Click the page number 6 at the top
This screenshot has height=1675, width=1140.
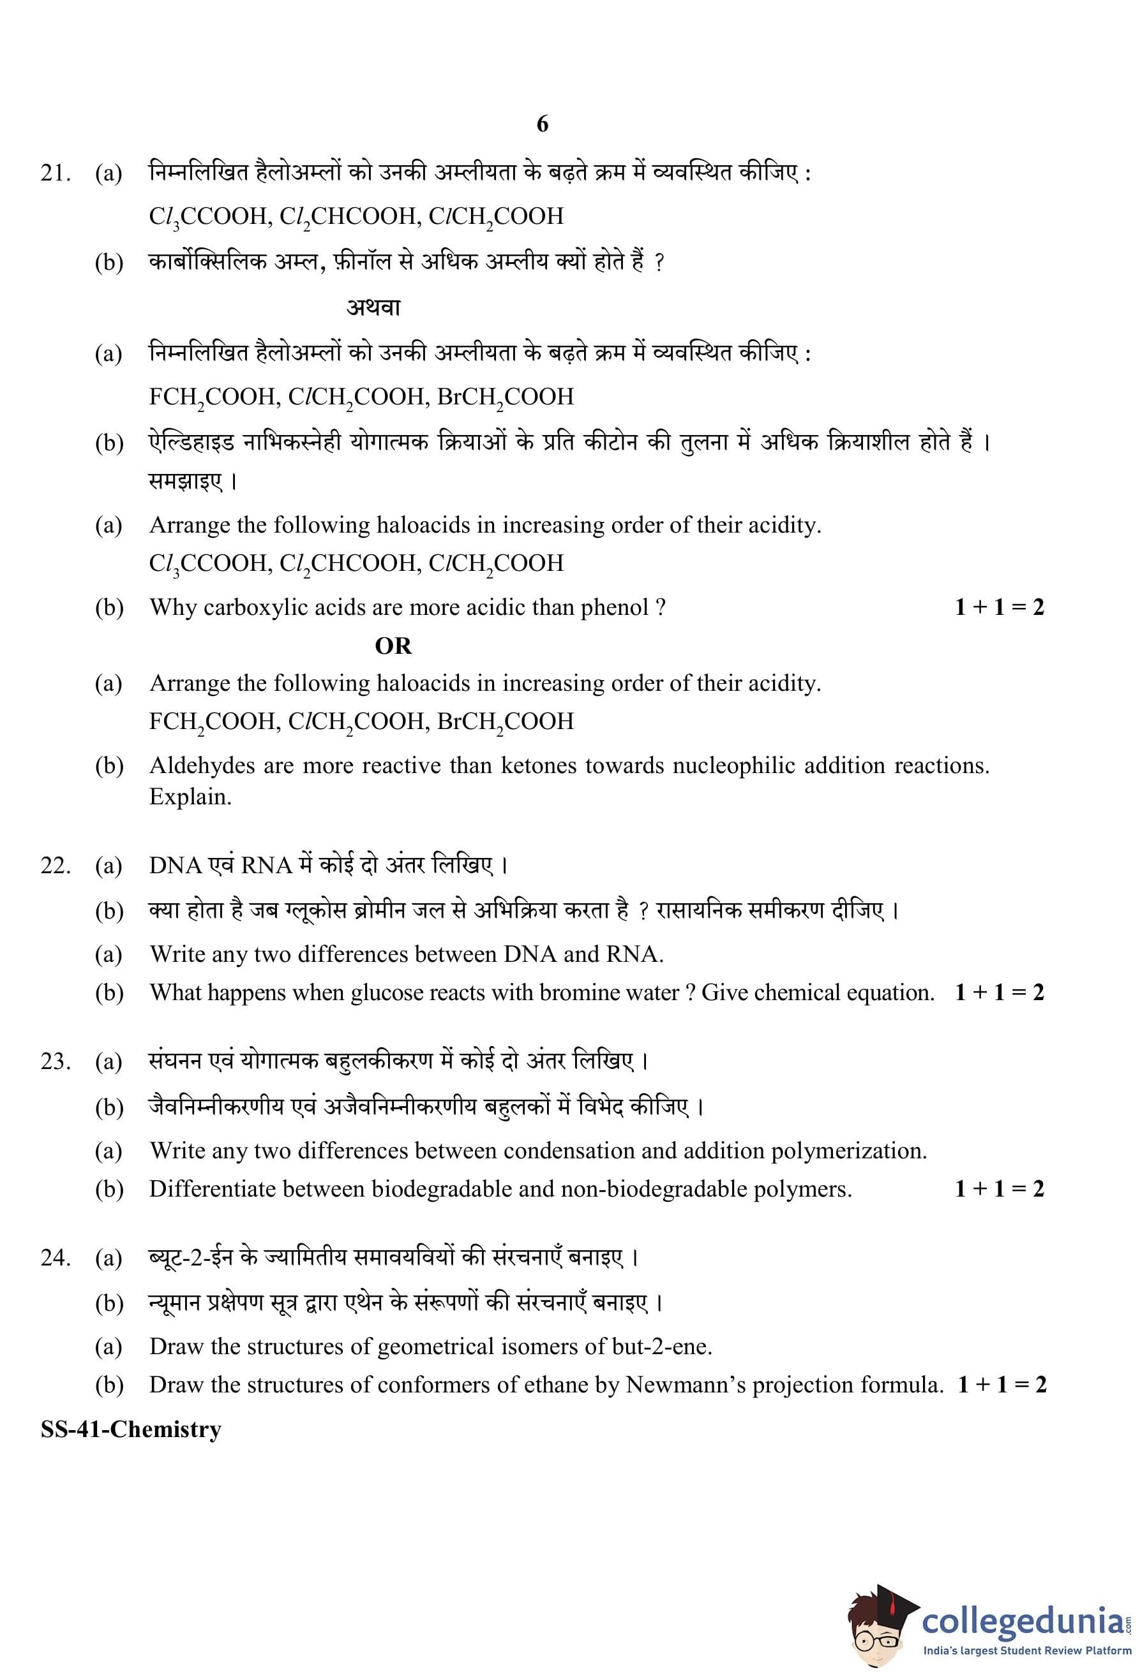543,124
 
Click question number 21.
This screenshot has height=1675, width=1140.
56,173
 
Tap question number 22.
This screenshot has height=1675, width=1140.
56,865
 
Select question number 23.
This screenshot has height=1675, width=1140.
56,1061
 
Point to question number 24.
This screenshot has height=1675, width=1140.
56,1258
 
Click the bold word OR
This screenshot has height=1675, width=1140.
393,646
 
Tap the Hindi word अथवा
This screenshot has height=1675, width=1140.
373,307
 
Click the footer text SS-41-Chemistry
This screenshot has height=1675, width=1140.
130,1429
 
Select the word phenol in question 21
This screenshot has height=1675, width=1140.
614,608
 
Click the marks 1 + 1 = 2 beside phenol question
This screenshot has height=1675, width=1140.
999,608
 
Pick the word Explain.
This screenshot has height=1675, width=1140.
190,797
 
